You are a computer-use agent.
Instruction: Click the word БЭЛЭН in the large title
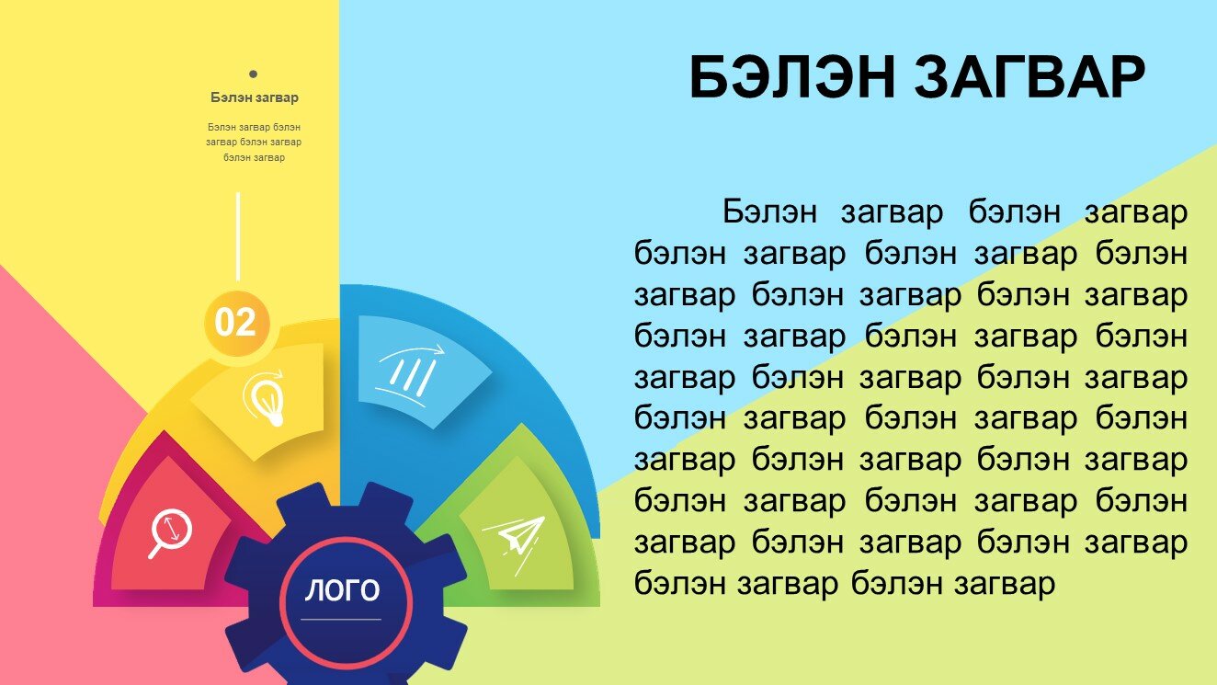[x=791, y=77]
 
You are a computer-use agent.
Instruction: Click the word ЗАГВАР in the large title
[x=1030, y=77]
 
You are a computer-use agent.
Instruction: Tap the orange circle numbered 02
[x=236, y=323]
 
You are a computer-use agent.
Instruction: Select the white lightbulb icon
[x=265, y=398]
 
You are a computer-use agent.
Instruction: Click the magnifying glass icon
[x=169, y=532]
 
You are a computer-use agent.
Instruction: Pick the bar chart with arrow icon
[x=410, y=375]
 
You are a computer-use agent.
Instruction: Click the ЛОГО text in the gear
[x=342, y=590]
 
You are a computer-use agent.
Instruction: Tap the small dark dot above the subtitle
[x=253, y=74]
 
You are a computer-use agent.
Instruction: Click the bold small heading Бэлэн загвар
[x=255, y=97]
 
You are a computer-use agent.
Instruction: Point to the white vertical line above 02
[x=238, y=236]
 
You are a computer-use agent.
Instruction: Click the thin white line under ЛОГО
[x=341, y=619]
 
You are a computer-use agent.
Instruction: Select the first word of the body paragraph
[x=769, y=211]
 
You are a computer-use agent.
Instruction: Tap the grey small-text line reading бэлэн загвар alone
[x=255, y=157]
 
